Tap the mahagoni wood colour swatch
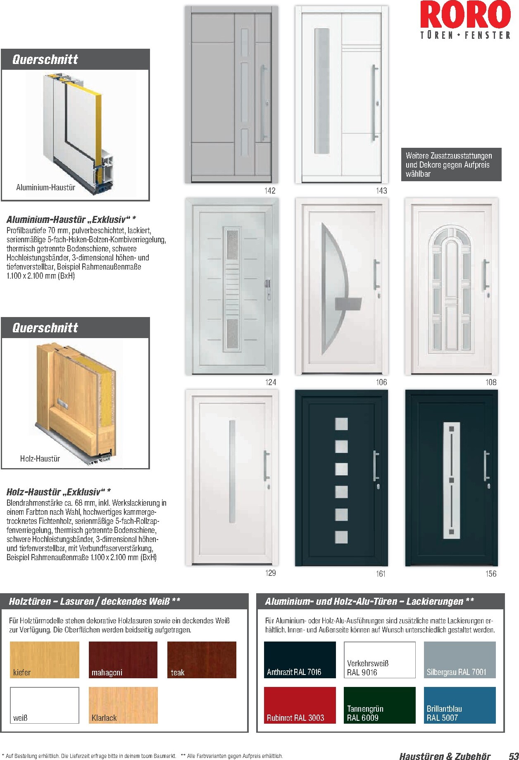pos(123,659)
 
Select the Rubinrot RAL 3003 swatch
pos(300,705)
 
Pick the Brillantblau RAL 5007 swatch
pos(459,705)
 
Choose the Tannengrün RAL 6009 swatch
pos(379,705)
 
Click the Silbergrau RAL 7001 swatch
pos(459,659)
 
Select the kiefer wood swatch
pos(44,659)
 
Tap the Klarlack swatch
pos(123,705)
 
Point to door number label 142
pos(270,190)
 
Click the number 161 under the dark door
pos(381,573)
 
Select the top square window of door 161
pos(341,424)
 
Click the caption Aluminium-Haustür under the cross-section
pos(45,187)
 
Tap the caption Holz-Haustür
pos(40,459)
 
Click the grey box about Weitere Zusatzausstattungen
pos(451,165)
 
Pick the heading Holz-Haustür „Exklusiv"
pos(58,492)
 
